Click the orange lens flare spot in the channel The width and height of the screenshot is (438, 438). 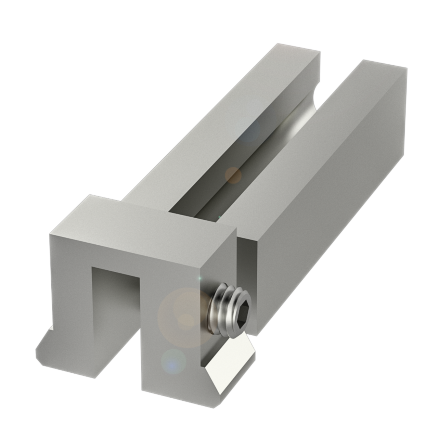(233, 175)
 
